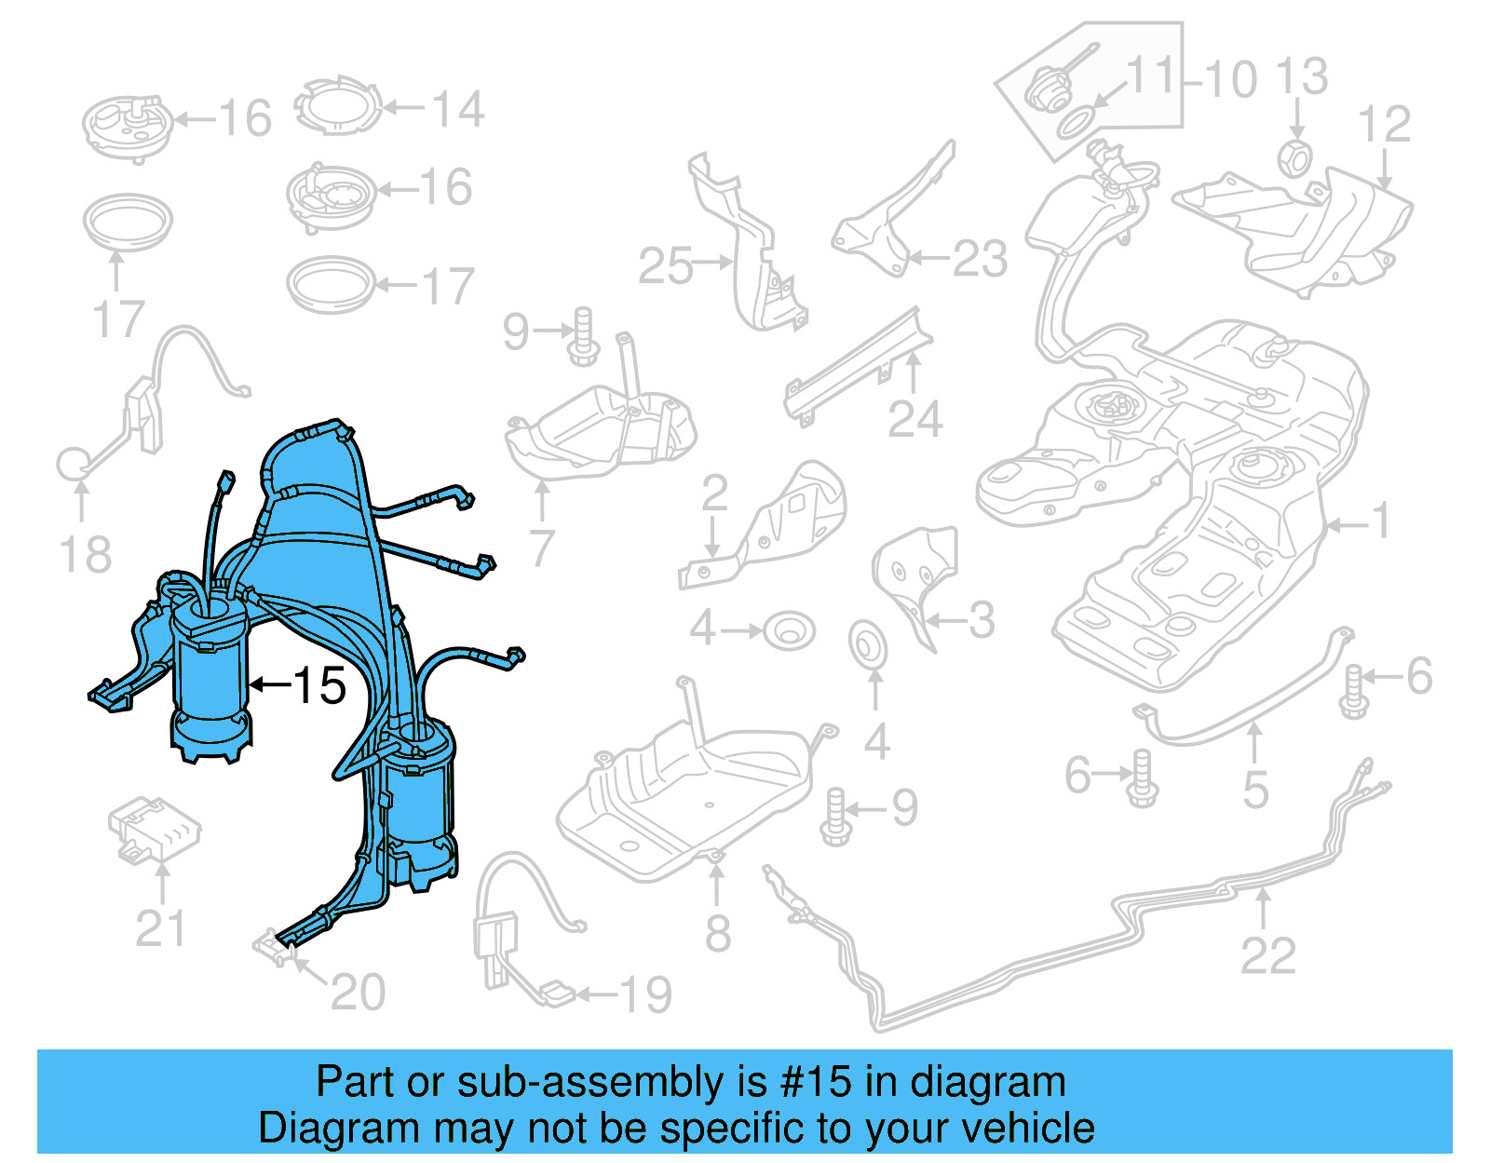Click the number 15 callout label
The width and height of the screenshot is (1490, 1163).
point(319,686)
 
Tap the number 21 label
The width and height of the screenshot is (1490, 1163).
point(160,928)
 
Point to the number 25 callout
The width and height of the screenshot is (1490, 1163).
point(665,266)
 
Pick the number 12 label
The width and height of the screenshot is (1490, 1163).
point(1384,125)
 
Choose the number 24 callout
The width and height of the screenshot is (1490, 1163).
point(914,420)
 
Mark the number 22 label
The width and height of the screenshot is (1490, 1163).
point(1267,956)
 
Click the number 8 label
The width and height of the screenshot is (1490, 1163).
point(717,933)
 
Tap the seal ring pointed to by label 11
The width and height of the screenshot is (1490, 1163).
point(1077,122)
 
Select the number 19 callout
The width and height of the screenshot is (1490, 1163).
point(645,995)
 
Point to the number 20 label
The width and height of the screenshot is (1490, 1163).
point(358,993)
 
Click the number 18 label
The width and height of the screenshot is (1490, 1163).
point(85,555)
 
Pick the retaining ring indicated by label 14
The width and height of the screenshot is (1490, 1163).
point(339,107)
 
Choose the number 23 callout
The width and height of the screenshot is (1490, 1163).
point(980,260)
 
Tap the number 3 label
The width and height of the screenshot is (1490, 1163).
point(982,621)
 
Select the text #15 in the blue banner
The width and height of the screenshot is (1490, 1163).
point(816,1082)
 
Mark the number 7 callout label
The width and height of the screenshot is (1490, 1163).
point(542,548)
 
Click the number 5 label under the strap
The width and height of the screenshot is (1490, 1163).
point(1255,790)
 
